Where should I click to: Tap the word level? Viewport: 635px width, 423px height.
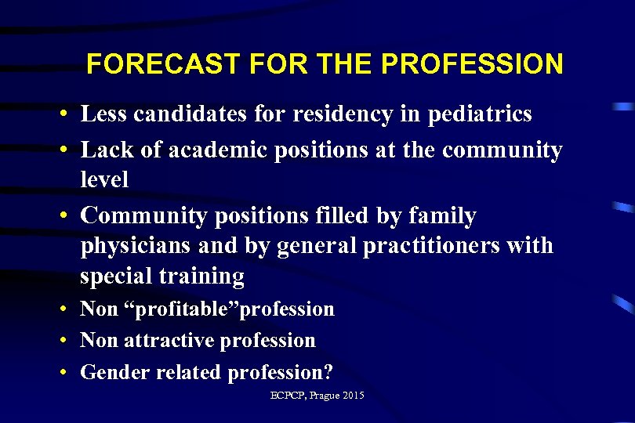(104, 179)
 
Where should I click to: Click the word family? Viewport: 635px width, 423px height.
(437, 215)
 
